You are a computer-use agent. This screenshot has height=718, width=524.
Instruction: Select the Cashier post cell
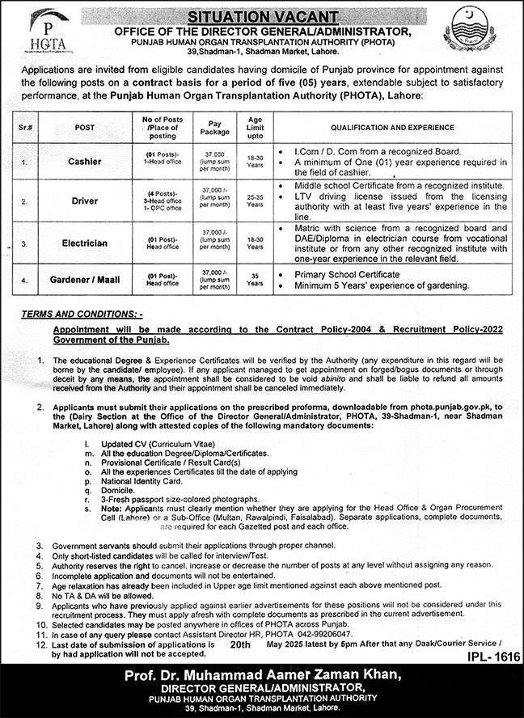(84, 162)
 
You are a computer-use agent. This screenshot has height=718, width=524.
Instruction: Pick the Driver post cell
(84, 201)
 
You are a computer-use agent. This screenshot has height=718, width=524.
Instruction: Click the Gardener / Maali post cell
(84, 280)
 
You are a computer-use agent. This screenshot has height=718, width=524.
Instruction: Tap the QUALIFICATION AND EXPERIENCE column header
(390, 127)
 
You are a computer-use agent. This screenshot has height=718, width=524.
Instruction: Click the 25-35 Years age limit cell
(255, 201)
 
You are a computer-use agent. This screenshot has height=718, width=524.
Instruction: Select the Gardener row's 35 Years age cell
(255, 280)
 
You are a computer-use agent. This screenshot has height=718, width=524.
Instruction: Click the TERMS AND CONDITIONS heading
(82, 312)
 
